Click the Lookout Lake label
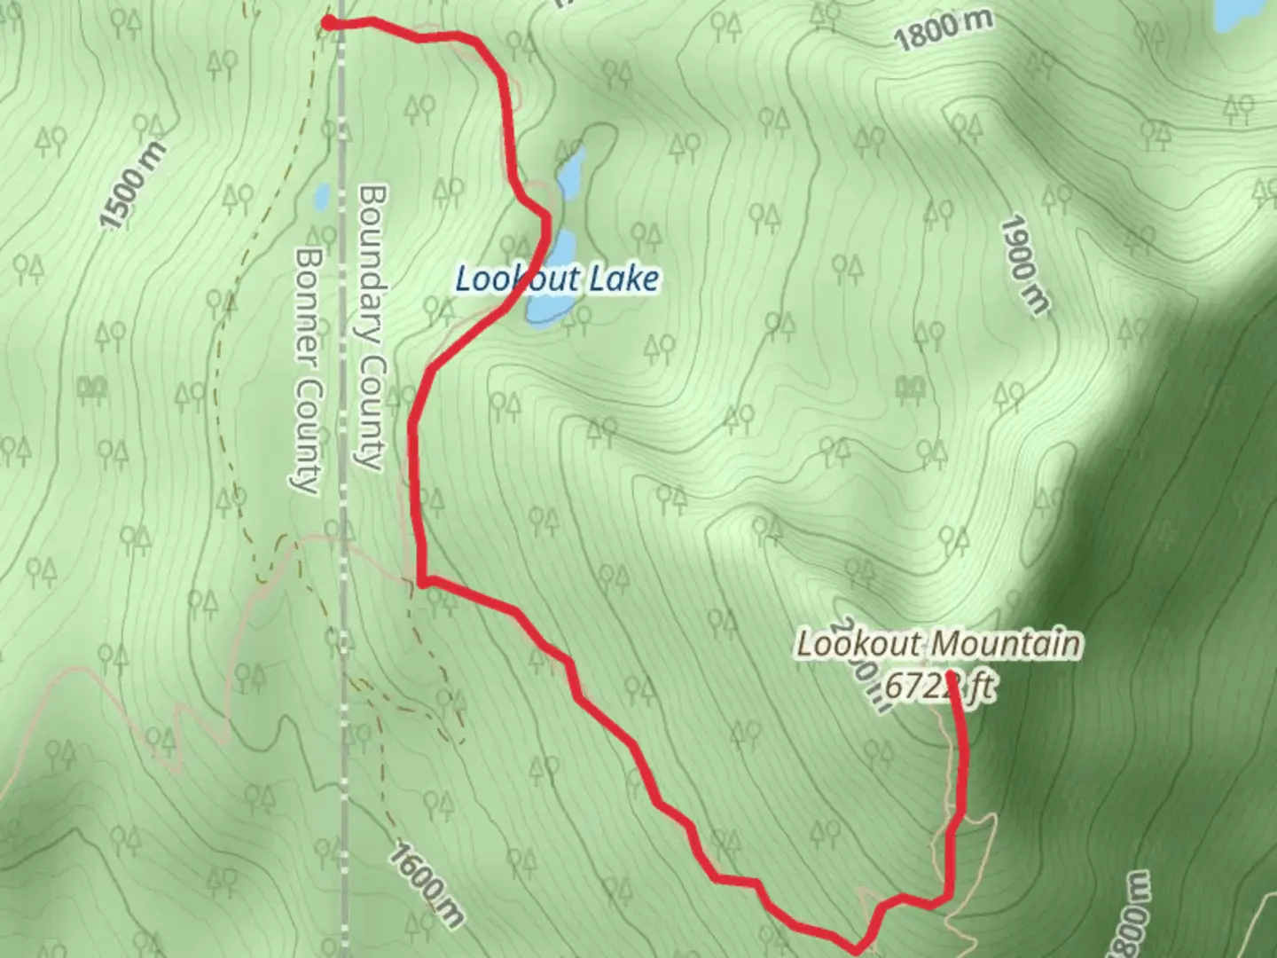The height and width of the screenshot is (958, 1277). click(557, 279)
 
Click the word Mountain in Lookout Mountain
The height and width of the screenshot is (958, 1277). click(1007, 644)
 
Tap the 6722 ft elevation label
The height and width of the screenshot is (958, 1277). click(938, 687)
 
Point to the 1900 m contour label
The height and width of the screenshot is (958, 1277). click(1024, 264)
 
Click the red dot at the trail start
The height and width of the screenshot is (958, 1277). click(328, 23)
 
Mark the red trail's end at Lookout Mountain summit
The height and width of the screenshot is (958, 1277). click(951, 676)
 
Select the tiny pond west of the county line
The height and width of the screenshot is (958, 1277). click(321, 195)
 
